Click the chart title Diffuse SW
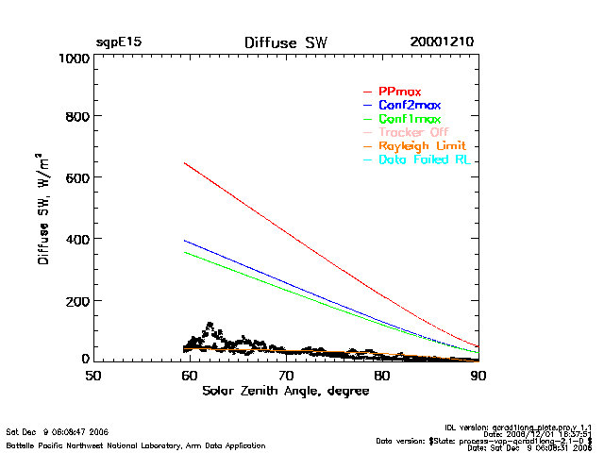[282, 42]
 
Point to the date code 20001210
[442, 42]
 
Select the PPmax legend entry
[399, 92]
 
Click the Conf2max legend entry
[409, 106]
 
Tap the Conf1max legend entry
[409, 120]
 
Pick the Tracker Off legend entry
[412, 133]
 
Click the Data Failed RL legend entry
[424, 160]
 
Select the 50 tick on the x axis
[92, 375]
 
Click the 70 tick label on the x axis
[285, 375]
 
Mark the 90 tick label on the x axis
[478, 375]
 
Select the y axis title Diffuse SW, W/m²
[43, 209]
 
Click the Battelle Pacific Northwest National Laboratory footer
[135, 445]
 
